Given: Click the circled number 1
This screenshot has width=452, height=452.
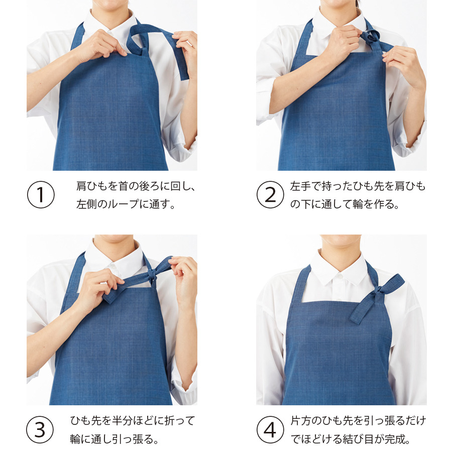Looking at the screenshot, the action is (x=41, y=194).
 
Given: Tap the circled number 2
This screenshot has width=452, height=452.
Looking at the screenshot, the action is (x=270, y=194).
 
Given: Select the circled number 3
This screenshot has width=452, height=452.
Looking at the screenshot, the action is (x=40, y=429).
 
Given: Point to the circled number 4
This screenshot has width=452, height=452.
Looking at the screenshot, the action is (x=270, y=429).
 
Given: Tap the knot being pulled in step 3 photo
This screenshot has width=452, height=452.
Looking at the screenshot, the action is (x=152, y=274).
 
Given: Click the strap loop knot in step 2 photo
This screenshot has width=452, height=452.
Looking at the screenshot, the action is (x=371, y=38).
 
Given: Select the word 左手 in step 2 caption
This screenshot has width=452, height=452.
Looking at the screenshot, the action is (x=300, y=186).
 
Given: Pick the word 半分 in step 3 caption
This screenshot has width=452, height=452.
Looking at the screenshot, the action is (x=122, y=421).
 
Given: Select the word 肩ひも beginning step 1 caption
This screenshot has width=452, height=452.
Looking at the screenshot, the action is (x=92, y=186).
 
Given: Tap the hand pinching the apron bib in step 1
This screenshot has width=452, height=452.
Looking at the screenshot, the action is (x=99, y=46).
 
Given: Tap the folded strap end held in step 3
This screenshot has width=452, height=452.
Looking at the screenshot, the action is (x=111, y=295).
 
